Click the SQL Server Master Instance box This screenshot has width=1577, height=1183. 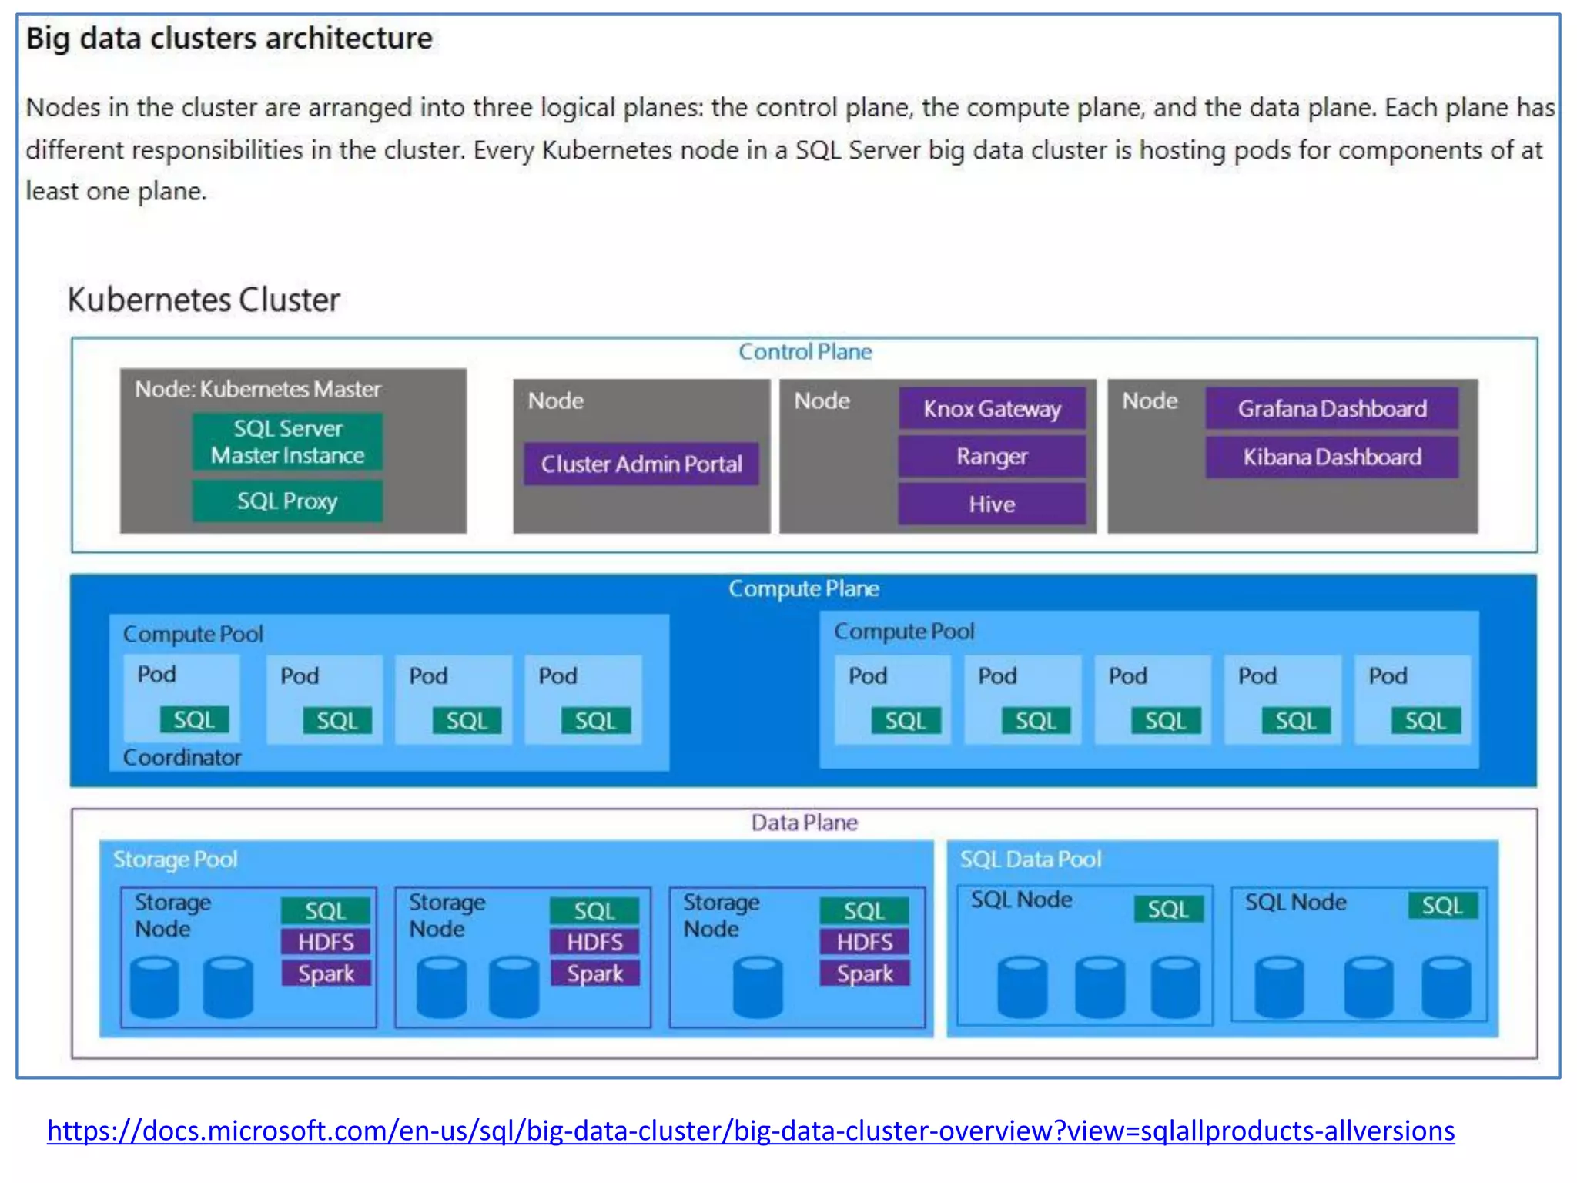(x=287, y=442)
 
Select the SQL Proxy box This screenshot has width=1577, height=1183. (x=287, y=501)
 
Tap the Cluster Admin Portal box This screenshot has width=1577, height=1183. (x=641, y=464)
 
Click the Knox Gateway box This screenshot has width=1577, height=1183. (x=992, y=408)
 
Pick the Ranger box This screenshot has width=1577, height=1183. (x=992, y=457)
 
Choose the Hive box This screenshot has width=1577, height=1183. (x=992, y=504)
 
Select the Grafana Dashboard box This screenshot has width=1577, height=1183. (x=1331, y=408)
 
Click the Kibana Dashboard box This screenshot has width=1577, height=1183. (x=1331, y=457)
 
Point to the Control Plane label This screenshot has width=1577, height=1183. (x=805, y=352)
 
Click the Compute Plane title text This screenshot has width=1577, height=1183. (x=803, y=588)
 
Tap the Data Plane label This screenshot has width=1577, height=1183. (x=804, y=823)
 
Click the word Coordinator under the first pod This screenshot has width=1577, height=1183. (x=182, y=757)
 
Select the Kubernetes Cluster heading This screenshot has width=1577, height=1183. (x=203, y=300)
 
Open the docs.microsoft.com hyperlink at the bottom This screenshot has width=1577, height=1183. (x=751, y=1130)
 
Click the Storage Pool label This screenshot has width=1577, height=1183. (x=175, y=859)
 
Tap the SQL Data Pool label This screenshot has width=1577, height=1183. (x=1030, y=859)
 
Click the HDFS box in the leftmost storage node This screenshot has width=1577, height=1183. (x=326, y=942)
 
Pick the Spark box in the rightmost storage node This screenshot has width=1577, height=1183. (x=864, y=974)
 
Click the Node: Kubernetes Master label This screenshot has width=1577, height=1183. (x=257, y=389)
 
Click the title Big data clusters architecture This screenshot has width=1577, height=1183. (x=229, y=38)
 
